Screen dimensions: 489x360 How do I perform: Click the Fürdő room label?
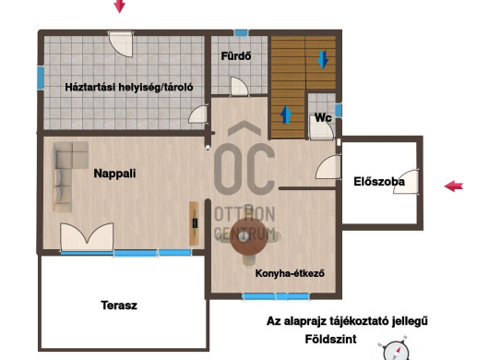click(236, 56)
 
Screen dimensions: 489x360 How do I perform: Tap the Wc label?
click(323, 117)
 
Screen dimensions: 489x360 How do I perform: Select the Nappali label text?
click(114, 174)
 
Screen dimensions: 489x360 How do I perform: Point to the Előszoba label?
click(379, 182)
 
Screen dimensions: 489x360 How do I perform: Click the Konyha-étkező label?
click(290, 273)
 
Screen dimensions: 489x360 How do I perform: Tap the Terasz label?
click(119, 306)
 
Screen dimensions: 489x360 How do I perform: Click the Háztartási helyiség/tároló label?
click(129, 87)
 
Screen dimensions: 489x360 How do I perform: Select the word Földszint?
click(330, 339)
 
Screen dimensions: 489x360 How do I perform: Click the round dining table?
click(248, 235)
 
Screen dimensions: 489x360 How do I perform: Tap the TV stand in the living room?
click(194, 223)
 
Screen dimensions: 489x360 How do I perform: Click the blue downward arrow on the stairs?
click(323, 59)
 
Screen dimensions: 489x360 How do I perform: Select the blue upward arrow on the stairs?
click(286, 114)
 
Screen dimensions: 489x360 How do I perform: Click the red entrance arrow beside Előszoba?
click(453, 186)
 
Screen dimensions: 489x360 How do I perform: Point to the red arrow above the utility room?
click(119, 6)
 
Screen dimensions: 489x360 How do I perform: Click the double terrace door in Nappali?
click(87, 236)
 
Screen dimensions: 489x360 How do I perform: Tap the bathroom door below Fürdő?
click(240, 87)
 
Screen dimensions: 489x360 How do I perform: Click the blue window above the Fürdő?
click(242, 32)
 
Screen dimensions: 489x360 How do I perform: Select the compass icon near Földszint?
click(396, 351)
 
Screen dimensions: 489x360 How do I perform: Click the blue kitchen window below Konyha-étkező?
click(276, 296)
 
